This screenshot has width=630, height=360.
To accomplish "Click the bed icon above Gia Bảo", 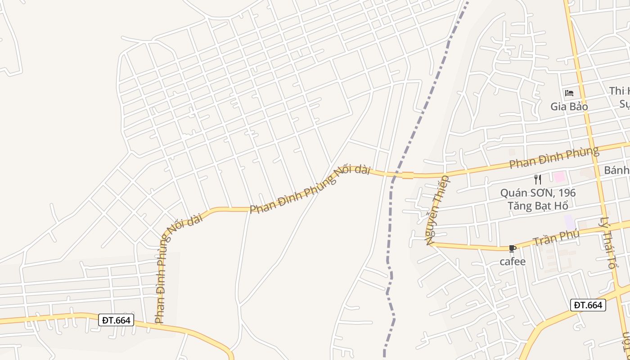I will tap(569, 93).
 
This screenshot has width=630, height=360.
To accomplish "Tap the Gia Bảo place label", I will tap(569, 107).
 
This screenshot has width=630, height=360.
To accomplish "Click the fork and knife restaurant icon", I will tap(537, 180).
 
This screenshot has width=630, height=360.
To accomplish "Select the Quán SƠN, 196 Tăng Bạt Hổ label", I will tap(538, 199).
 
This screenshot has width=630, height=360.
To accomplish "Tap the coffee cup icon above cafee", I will tap(512, 248).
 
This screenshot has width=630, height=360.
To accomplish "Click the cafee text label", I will tap(513, 261).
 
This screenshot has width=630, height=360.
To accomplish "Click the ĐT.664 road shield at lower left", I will tap(116, 320).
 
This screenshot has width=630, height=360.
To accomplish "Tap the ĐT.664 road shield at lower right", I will tap(588, 305).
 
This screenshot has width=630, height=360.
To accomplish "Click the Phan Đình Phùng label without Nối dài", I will tap(553, 158).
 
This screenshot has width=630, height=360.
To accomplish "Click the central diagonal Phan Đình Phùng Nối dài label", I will tap(310, 189).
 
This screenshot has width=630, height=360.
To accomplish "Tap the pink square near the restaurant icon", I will tap(559, 176).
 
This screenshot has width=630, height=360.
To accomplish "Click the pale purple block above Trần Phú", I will tap(569, 221).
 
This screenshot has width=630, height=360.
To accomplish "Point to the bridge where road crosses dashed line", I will tap(408, 175).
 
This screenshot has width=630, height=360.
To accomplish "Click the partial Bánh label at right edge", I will tap(616, 170).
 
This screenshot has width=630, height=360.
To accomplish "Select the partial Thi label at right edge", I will tap(619, 91).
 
